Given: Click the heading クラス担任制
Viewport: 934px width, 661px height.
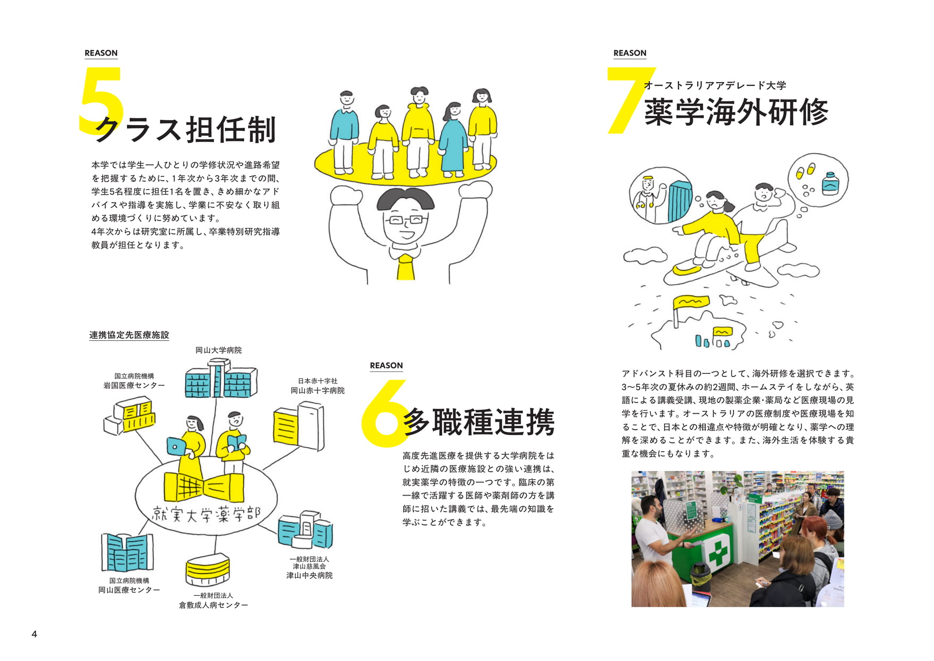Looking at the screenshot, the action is click(186, 129).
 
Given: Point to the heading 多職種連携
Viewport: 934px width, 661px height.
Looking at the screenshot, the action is click(479, 422).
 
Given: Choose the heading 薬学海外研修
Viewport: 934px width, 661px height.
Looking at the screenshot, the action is click(736, 111).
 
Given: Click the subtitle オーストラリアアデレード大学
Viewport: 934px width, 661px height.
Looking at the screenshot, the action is click(715, 86).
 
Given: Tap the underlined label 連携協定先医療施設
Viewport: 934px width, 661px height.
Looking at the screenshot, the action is click(129, 335).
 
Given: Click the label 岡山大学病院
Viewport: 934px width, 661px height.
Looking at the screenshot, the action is click(218, 350).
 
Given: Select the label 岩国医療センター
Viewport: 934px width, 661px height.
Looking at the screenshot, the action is click(134, 385).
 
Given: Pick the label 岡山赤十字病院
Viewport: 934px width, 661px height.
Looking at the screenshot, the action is click(318, 390).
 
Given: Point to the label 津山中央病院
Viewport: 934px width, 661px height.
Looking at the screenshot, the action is click(309, 575).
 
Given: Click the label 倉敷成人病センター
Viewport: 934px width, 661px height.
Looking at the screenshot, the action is click(214, 605).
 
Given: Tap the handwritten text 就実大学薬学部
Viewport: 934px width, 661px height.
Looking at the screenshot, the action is click(206, 514).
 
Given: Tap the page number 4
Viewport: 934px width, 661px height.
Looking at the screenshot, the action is click(34, 634).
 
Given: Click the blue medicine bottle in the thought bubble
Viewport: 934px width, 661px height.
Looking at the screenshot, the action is click(830, 183).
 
